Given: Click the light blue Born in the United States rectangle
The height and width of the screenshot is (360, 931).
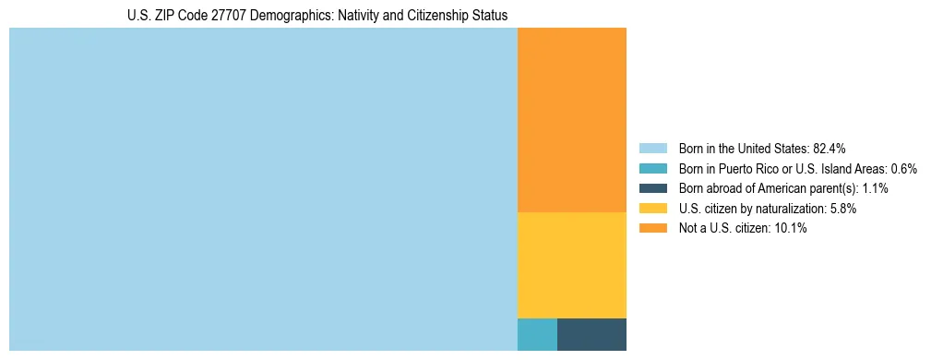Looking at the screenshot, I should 263,189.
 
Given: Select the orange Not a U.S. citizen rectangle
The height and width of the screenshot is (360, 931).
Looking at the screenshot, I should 572,120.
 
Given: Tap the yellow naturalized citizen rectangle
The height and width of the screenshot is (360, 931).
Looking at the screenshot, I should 572,265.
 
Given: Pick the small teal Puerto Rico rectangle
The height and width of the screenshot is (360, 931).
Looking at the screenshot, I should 537,334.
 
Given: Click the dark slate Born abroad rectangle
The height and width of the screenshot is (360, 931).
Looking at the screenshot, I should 591,334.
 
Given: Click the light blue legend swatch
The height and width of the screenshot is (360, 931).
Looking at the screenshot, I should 652,149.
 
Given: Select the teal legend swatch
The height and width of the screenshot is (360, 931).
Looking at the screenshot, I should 652,169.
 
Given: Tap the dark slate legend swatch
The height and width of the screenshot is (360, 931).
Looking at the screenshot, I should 652,188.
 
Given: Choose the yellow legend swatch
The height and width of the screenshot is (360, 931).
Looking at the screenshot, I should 652,209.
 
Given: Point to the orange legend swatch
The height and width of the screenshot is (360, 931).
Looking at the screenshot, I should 652,228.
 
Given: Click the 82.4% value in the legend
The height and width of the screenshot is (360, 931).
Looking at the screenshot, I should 830,149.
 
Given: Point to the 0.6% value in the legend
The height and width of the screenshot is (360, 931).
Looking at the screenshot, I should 904,169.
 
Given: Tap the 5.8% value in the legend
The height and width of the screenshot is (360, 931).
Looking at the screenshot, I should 841,209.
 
